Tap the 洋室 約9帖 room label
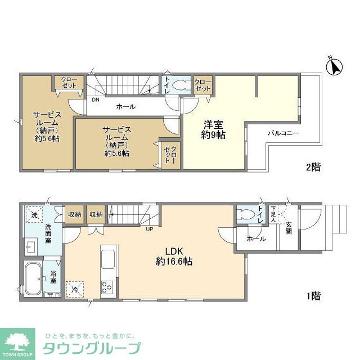tap(214, 129)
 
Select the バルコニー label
tap(282, 133)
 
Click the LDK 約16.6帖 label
tap(174, 256)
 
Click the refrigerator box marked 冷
tap(75, 289)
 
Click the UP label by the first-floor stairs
tap(149, 229)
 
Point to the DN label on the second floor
tap(96, 100)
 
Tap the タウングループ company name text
tap(92, 348)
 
